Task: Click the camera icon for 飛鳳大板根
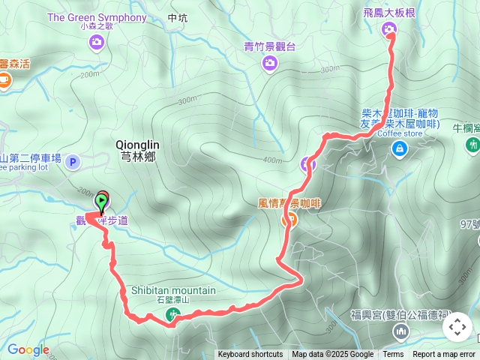[389, 29]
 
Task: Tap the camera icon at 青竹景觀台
[270, 63]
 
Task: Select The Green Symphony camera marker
[97, 42]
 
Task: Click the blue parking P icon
[73, 161]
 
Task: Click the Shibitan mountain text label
[173, 290]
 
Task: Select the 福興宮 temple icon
[401, 331]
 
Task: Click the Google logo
[28, 349]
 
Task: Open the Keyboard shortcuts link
[250, 355]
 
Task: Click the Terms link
[393, 355]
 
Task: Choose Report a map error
[444, 355]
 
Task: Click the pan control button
[457, 327]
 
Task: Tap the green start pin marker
[101, 202]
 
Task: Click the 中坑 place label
[178, 18]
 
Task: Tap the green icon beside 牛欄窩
[472, 145]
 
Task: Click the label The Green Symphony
[97, 17]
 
